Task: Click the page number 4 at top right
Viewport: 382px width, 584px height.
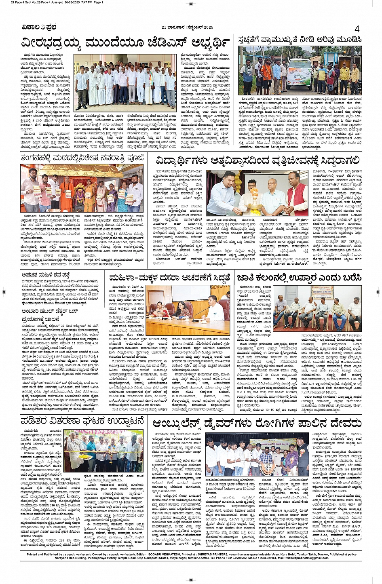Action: (357, 29)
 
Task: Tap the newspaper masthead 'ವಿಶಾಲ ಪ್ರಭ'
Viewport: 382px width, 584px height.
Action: (40, 27)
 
